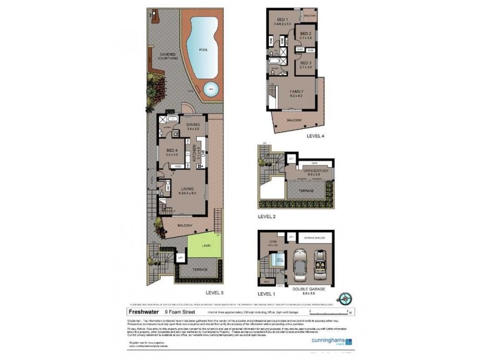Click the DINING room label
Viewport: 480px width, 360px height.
(x=193, y=126)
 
